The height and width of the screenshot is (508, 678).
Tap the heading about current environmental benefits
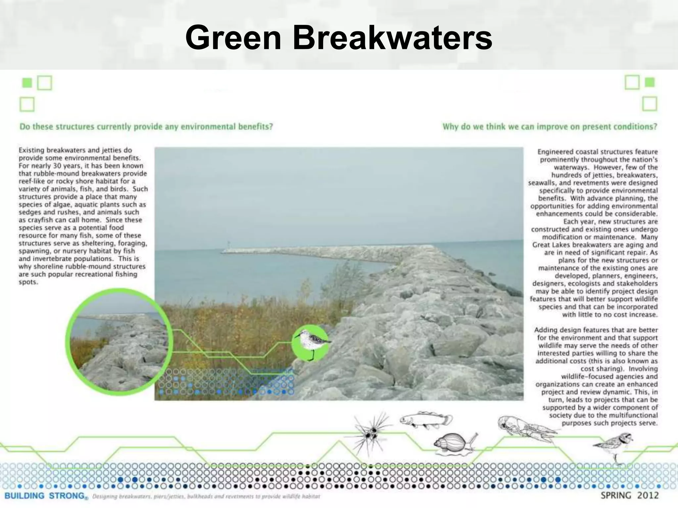coord(146,127)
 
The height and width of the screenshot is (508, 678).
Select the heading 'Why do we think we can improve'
coord(550,127)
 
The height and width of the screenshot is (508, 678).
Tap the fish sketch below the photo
coord(426,420)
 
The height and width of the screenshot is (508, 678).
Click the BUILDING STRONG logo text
coord(45,496)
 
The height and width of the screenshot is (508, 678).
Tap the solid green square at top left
coord(27,83)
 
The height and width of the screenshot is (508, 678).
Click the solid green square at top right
coord(650,82)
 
